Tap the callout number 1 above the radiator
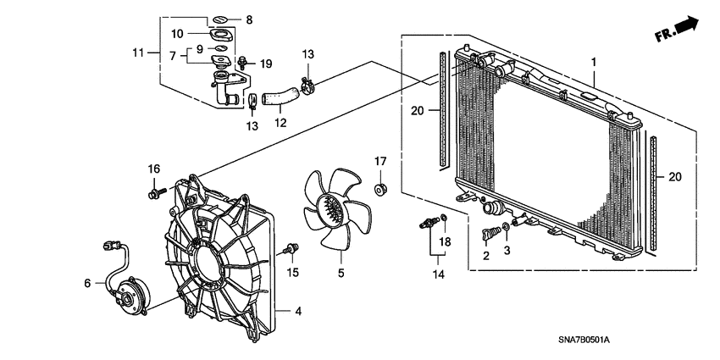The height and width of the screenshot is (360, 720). pyautogui.click(x=594, y=62)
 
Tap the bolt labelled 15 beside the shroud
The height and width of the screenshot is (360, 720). pyautogui.click(x=293, y=248)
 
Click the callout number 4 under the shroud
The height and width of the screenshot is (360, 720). pyautogui.click(x=298, y=311)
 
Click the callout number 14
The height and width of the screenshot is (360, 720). pyautogui.click(x=439, y=274)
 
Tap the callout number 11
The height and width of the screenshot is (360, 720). pyautogui.click(x=138, y=53)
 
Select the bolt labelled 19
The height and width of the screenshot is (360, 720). pyautogui.click(x=243, y=62)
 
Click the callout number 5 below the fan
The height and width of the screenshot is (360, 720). pyautogui.click(x=342, y=274)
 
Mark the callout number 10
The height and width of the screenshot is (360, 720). pyautogui.click(x=177, y=34)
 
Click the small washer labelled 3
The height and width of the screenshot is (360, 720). pyautogui.click(x=505, y=226)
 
